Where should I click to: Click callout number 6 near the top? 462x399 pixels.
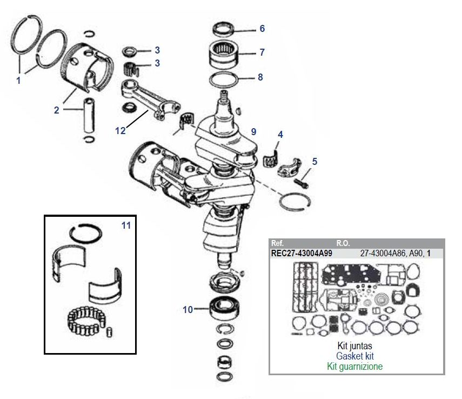[x=262, y=28]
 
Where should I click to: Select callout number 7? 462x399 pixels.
[x=262, y=52]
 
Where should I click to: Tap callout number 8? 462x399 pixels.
[x=260, y=77]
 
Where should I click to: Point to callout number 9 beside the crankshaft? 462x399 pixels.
[x=253, y=132]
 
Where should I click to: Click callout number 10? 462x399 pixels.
[x=187, y=310]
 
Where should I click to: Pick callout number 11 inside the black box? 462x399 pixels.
[x=126, y=225]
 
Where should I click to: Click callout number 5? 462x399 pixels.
[x=315, y=161]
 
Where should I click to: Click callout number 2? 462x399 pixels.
[x=56, y=110]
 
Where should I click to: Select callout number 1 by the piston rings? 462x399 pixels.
[x=18, y=81]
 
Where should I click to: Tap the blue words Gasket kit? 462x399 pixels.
[x=354, y=356]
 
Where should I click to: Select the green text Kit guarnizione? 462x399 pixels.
[x=354, y=367]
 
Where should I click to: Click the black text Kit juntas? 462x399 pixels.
[x=354, y=346]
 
